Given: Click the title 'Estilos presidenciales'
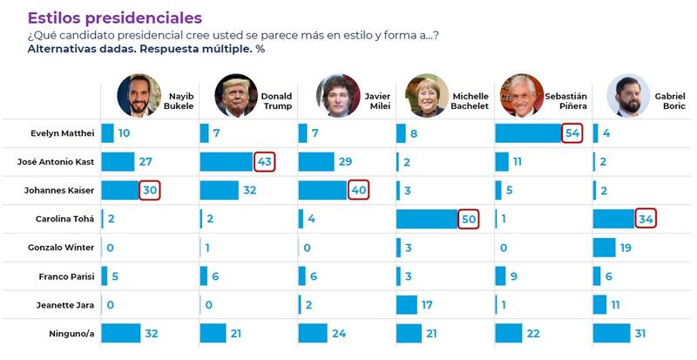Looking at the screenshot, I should pos(115,17).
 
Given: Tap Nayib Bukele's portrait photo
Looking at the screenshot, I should pos(139,96).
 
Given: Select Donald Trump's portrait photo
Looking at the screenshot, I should pos(236,96).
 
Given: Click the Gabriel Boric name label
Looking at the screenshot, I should pos(669,100).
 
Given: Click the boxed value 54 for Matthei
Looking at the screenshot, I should pos(572,133).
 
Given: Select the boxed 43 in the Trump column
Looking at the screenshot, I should pos(265,162).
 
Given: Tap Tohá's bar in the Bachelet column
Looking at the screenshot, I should pos(427,219).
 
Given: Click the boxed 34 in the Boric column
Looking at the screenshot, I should pos(646,219).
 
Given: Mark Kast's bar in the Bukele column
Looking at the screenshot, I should pos(118,162).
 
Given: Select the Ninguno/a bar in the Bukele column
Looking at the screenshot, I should pos(120,333).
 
